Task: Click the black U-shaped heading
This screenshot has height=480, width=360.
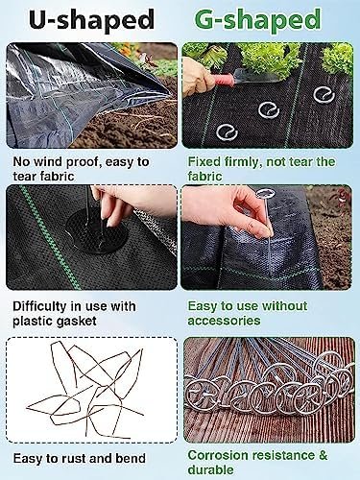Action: pos(92,19)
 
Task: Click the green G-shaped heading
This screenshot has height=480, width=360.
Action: pos(257,19)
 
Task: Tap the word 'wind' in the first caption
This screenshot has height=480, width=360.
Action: pos(48,162)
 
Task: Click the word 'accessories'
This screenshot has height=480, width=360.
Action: pos(224,321)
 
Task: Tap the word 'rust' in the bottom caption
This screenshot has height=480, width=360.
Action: pos(74,459)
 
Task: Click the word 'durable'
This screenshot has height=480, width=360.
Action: pos(210,469)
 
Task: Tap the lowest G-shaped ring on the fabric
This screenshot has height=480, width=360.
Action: pos(227,132)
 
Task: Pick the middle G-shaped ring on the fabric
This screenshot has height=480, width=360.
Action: pos(269,110)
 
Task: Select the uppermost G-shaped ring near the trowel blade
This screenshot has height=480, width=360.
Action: pos(324,95)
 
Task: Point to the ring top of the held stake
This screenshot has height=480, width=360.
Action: pos(265,194)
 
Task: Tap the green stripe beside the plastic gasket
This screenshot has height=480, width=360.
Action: pos(50,237)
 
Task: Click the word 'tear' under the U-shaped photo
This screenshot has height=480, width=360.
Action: pos(26,177)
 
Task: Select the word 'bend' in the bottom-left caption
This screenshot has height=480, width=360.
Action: pos(131,459)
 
